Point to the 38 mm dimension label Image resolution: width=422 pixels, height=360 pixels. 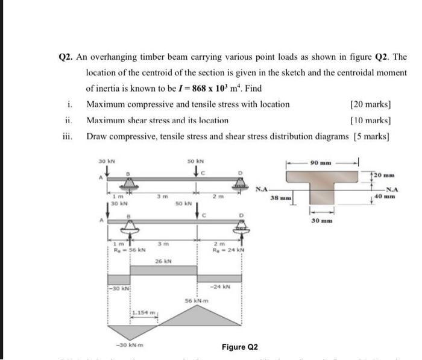click(x=281, y=197)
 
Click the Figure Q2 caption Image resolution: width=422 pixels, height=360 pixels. click(x=239, y=347)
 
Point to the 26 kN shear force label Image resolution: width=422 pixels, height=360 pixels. click(x=163, y=262)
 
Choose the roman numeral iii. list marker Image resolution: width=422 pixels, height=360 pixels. click(x=67, y=137)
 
